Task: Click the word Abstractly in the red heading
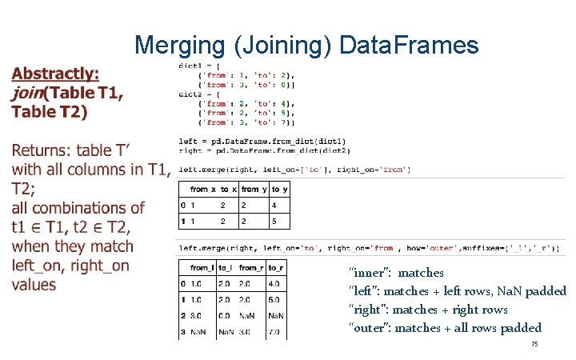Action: (55, 74)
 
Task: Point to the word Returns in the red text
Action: (46, 150)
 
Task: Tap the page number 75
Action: (534, 344)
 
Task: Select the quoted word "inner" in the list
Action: (370, 273)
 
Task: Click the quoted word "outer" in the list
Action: (370, 328)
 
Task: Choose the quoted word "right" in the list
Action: (369, 310)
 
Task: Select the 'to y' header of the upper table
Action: (279, 189)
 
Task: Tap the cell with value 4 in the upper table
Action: (274, 205)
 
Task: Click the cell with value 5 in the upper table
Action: (274, 221)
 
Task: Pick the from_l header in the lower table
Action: (202, 268)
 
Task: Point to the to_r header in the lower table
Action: (275, 268)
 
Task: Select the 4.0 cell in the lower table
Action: (274, 283)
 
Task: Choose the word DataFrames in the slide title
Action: (409, 46)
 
